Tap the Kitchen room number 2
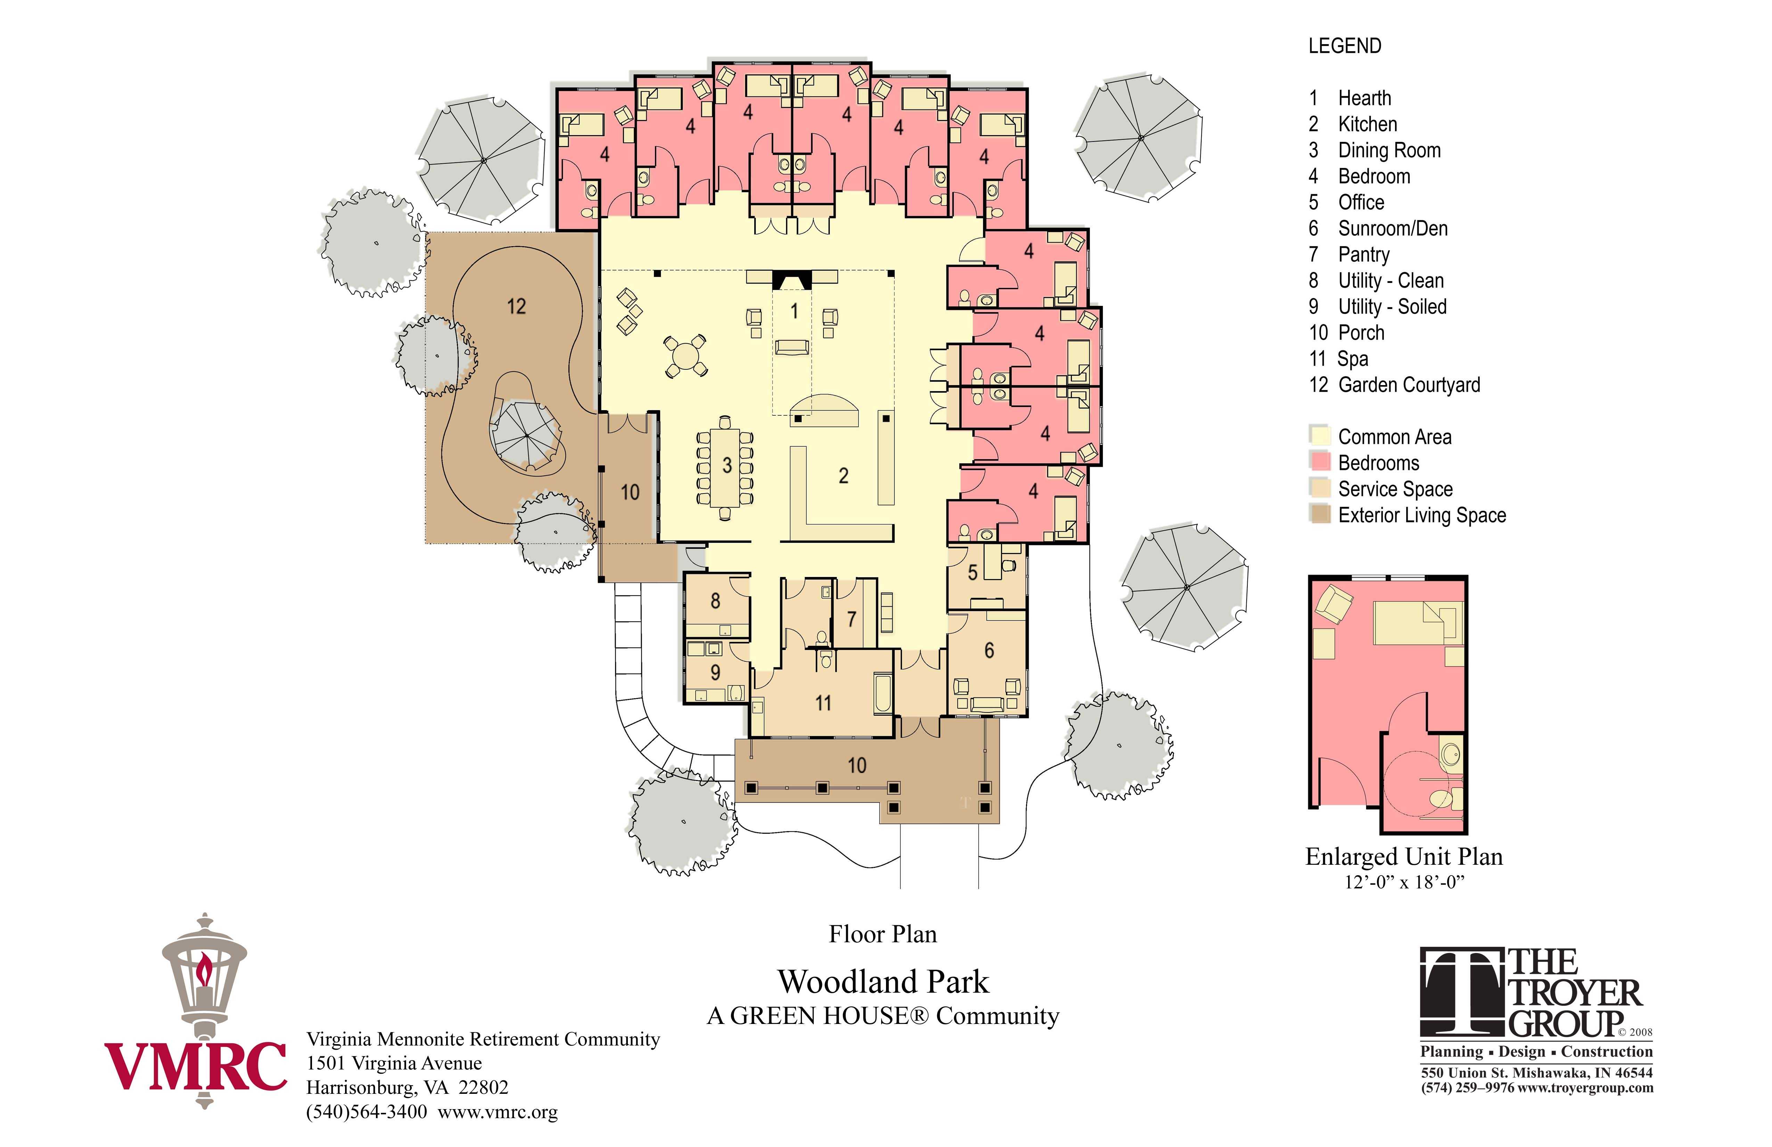pos(844,476)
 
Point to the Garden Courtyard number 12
pos(516,306)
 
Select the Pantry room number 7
pos(852,619)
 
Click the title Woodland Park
pos(884,982)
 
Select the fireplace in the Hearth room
pos(791,279)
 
